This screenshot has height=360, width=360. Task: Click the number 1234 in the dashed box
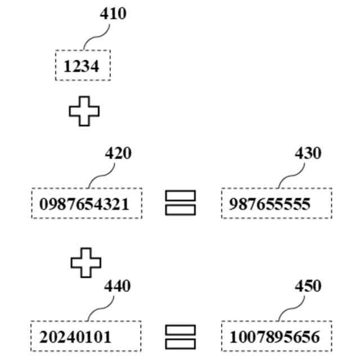[82, 66]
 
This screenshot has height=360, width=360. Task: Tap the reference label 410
[113, 13]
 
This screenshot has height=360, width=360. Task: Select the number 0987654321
[84, 204]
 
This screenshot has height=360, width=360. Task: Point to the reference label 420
[118, 153]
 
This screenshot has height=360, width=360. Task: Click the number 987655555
[269, 204]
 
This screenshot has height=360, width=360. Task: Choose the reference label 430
[308, 153]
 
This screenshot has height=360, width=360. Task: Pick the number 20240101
[75, 337]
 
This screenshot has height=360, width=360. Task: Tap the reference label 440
[117, 286]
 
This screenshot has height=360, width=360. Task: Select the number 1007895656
[274, 337]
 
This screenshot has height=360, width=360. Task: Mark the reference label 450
[308, 286]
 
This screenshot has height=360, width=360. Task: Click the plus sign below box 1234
[84, 111]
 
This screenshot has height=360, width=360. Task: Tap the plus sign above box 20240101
[86, 262]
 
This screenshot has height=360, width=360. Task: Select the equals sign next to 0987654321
[181, 202]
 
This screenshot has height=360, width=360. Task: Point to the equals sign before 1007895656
[181, 337]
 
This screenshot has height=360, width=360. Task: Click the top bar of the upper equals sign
[181, 196]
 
